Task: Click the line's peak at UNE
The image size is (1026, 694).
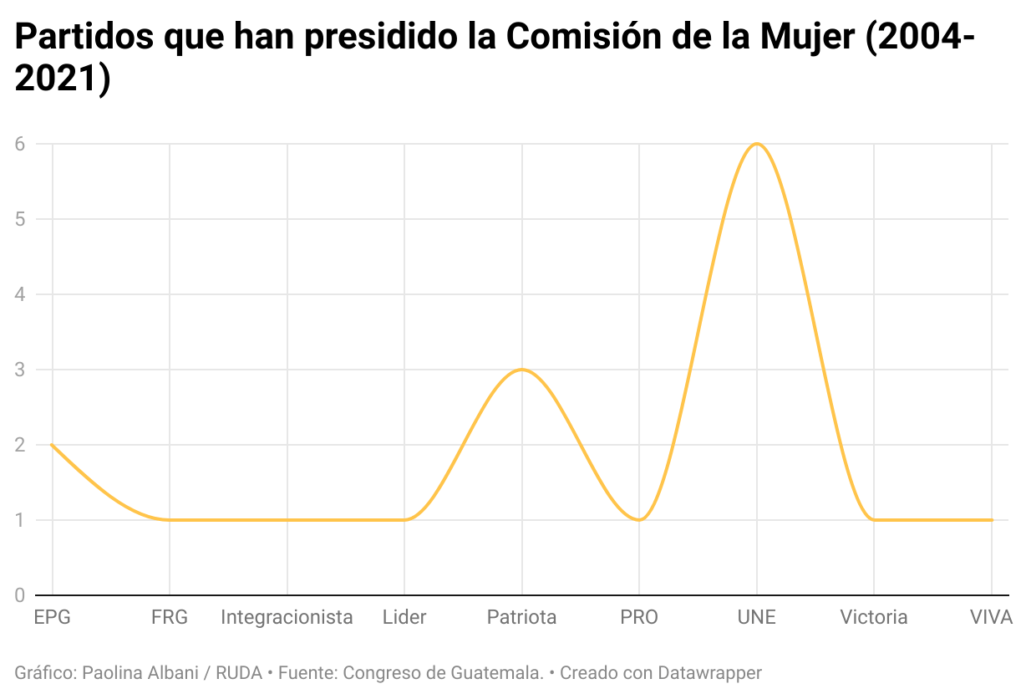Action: [x=757, y=144]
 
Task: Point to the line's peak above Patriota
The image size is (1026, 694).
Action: [x=522, y=370]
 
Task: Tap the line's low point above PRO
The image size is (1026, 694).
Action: [x=639, y=520]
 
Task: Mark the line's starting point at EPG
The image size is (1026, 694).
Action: [x=52, y=445]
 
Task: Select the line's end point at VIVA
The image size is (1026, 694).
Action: [x=992, y=520]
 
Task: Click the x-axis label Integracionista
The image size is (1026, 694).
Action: [x=287, y=618]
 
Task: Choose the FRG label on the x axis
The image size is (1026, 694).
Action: [x=170, y=618]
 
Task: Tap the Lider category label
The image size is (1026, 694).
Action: [x=404, y=618]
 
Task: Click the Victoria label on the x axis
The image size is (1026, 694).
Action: [x=874, y=618]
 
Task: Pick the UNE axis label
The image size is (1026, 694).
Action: [x=757, y=618]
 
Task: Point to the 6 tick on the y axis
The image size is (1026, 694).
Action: [x=19, y=144]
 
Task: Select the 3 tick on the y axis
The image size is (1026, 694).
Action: [x=19, y=370]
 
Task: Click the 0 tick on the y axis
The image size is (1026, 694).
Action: [x=19, y=595]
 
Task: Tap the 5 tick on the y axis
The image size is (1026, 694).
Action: [x=19, y=219]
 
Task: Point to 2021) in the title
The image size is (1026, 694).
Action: [x=63, y=79]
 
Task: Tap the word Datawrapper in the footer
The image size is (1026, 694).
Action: [x=709, y=672]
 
